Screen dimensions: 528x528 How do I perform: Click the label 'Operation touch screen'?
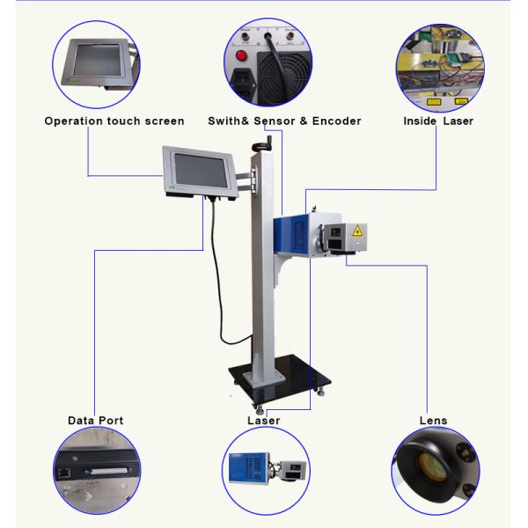(x=114, y=121)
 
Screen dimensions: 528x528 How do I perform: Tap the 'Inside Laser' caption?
(x=437, y=121)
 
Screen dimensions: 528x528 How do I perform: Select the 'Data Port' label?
(x=95, y=421)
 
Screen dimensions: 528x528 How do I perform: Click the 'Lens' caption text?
(x=432, y=421)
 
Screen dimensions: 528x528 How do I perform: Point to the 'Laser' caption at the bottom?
(x=264, y=421)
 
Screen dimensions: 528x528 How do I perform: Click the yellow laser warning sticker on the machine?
(x=357, y=231)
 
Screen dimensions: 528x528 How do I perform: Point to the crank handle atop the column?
(x=260, y=141)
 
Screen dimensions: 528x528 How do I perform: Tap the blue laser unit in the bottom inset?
(x=247, y=467)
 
